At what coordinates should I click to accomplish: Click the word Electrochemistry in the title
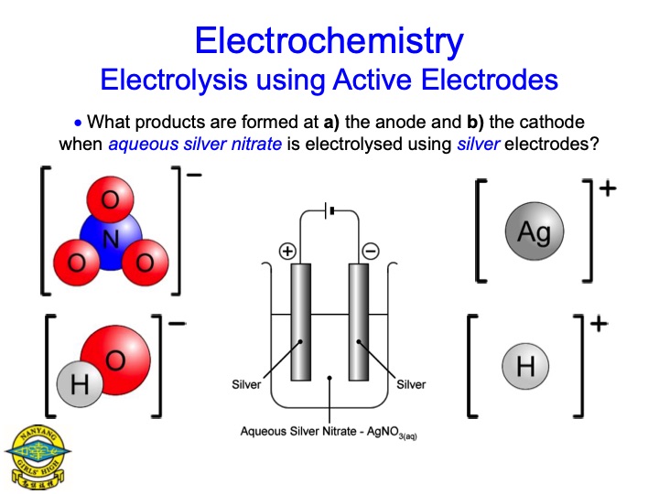coord(329,40)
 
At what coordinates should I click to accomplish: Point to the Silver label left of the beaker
coord(246,384)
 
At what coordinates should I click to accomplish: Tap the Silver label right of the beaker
coord(411,384)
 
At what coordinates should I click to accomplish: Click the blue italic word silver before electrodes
coord(478,144)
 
